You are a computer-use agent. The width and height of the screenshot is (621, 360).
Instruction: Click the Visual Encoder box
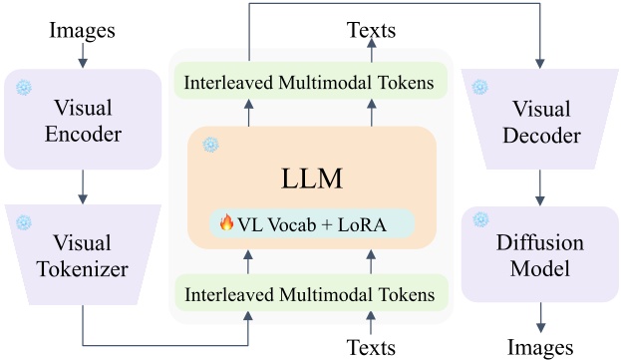[83, 120]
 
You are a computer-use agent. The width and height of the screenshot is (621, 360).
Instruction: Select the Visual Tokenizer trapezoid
[83, 254]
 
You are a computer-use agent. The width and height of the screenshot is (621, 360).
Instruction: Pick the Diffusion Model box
[539, 254]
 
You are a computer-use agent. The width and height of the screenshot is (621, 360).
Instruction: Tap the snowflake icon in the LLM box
[210, 145]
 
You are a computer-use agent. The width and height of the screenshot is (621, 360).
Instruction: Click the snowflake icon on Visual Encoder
[24, 87]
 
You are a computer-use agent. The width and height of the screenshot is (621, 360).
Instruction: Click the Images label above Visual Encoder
[83, 30]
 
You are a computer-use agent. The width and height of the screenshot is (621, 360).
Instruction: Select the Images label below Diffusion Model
[539, 346]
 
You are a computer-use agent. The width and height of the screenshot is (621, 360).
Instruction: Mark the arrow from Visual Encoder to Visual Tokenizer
[83, 186]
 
